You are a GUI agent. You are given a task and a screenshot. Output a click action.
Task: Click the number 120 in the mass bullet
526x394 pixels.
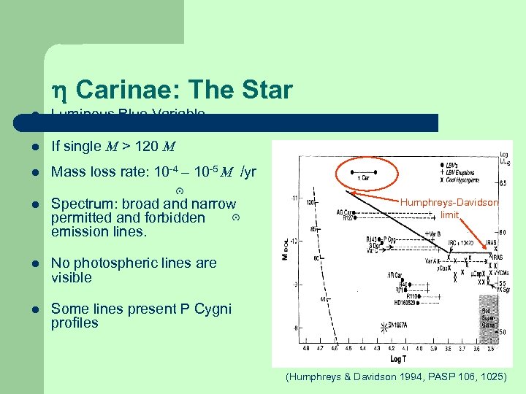(x=147, y=147)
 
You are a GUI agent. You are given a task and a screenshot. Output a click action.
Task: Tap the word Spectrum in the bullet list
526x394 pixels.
(x=80, y=204)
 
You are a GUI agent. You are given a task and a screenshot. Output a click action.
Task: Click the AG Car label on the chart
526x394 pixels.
(x=345, y=212)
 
